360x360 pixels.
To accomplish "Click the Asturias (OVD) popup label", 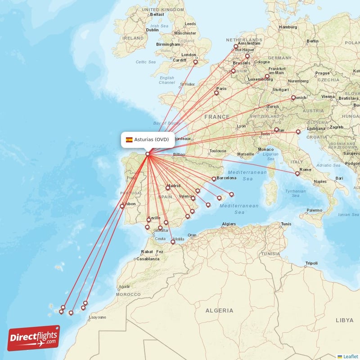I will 151,139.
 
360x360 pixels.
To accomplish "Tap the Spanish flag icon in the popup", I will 129,139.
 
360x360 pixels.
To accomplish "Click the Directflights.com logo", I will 34,338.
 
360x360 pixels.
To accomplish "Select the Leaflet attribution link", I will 350,356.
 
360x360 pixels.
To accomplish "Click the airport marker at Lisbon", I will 122,207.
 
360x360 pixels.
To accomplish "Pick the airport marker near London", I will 195,63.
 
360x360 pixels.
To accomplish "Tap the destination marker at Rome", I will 297,174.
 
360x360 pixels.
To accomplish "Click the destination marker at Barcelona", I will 214,179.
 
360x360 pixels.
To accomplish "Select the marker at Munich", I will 293,98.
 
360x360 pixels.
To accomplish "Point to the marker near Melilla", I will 173,242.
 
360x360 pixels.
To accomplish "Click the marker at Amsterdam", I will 235,46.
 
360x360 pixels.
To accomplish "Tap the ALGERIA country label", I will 219,310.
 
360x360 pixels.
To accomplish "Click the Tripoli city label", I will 311,263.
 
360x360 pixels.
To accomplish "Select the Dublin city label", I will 153,30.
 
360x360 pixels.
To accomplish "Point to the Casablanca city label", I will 148,259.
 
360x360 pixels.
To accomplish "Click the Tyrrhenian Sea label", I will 295,193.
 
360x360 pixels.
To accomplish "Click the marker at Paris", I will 216,93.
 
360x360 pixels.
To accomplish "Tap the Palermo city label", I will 314,210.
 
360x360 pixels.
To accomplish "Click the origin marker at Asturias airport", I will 148,154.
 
